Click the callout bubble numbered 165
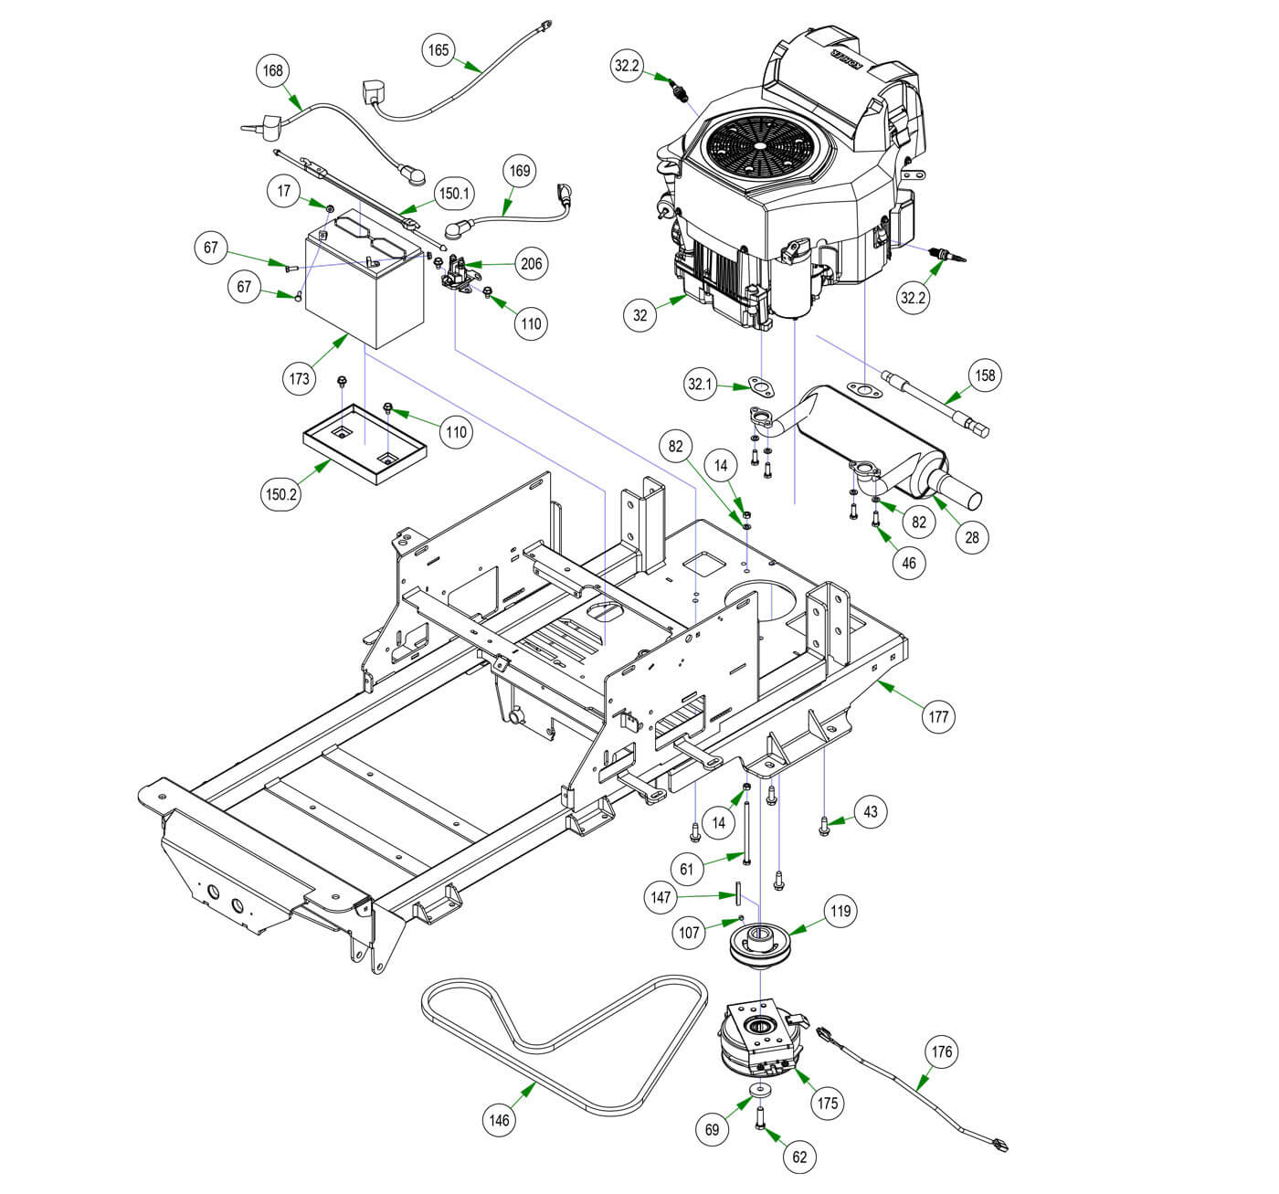click(439, 49)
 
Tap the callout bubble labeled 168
click(272, 70)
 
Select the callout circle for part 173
click(300, 378)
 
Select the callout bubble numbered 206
click(531, 264)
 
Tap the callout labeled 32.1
click(701, 385)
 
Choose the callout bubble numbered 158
click(985, 375)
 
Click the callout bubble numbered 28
click(972, 537)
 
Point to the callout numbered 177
click(938, 715)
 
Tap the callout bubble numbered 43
click(870, 811)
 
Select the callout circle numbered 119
click(840, 911)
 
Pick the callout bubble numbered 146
click(500, 1120)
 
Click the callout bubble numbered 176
click(942, 1051)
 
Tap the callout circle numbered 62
click(799, 1157)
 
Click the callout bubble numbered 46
click(908, 564)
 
